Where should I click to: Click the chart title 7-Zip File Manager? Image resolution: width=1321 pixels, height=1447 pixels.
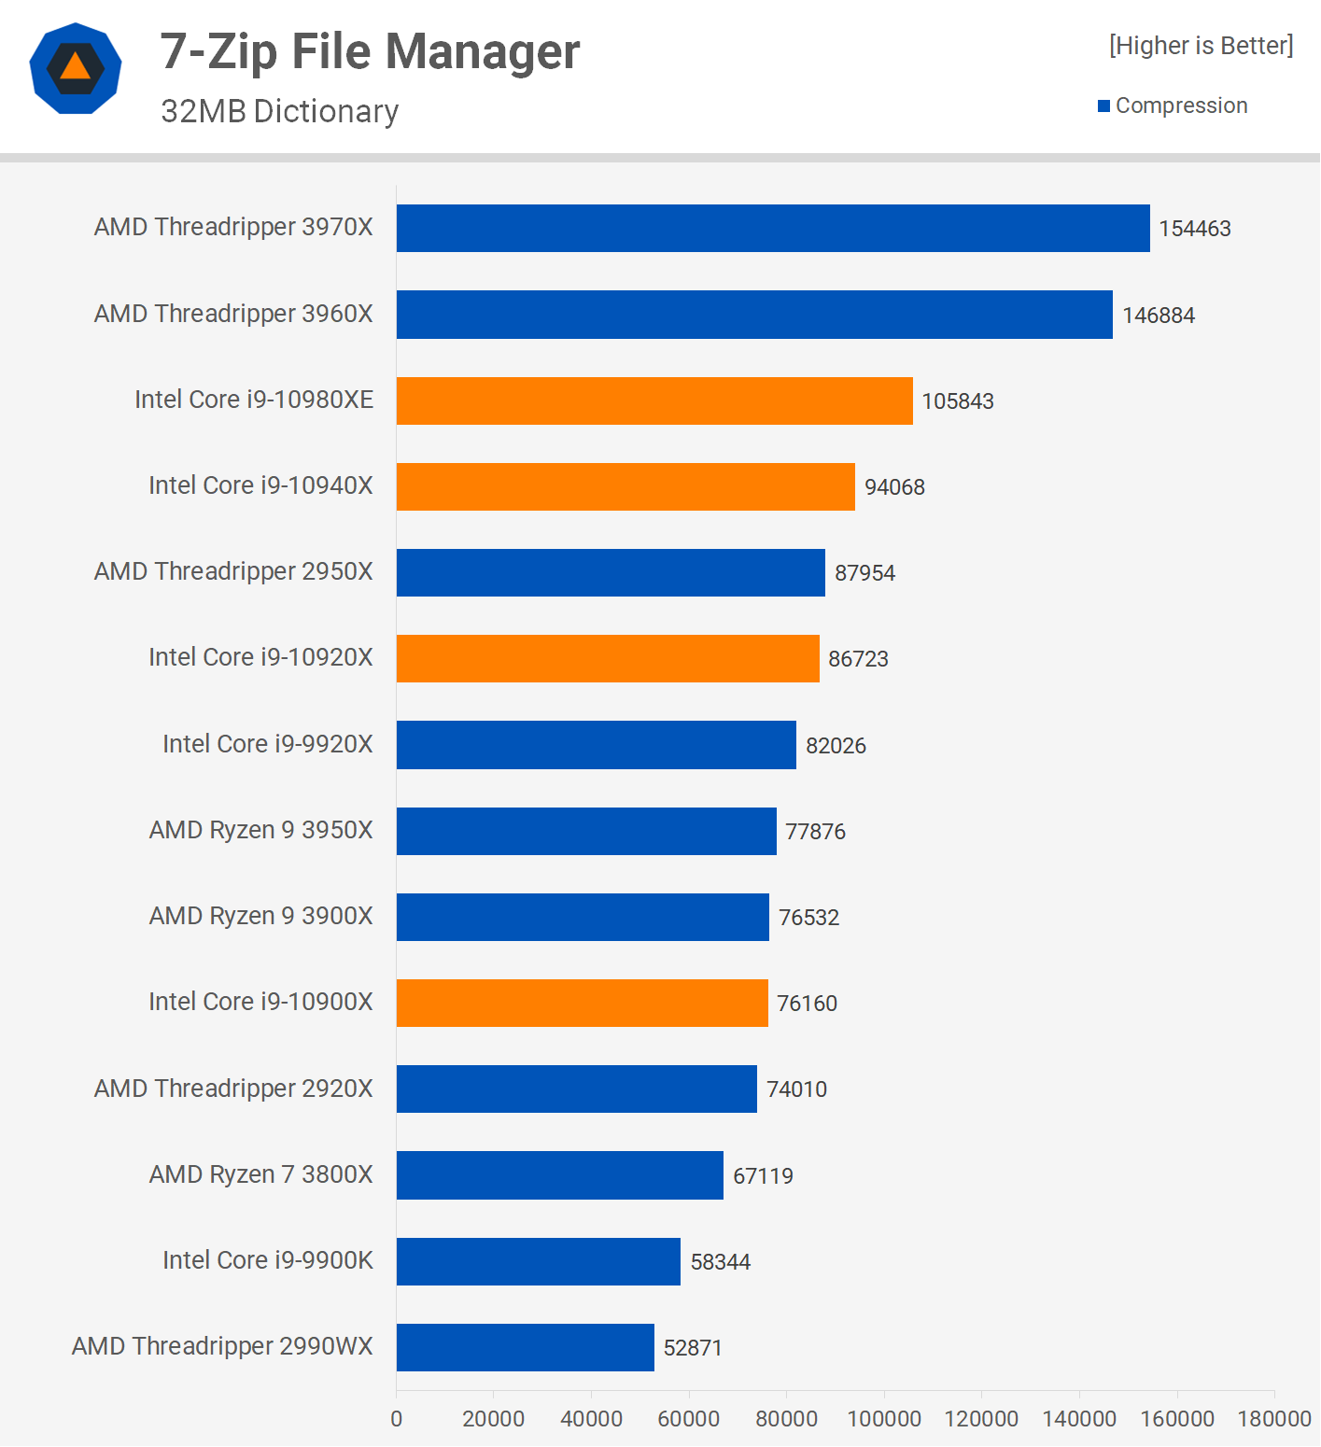pyautogui.click(x=370, y=51)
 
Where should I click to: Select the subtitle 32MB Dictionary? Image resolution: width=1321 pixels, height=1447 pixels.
pyautogui.click(x=279, y=111)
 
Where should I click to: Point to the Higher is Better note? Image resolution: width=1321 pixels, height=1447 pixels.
pyautogui.click(x=1201, y=46)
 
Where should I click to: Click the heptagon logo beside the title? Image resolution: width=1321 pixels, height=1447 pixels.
pyautogui.click(x=76, y=68)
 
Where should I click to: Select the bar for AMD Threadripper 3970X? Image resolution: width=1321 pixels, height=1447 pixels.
pyautogui.click(x=773, y=229)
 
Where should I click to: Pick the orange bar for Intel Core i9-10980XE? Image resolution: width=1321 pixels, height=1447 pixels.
pyautogui.click(x=654, y=401)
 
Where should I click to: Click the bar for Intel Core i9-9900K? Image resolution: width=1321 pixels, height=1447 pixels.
pyautogui.click(x=539, y=1261)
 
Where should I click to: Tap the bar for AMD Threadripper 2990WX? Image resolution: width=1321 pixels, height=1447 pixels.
pyautogui.click(x=526, y=1347)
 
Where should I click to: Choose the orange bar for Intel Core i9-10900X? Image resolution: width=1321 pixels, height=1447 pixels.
pyautogui.click(x=583, y=1004)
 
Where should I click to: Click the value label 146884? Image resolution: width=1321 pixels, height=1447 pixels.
pyautogui.click(x=1158, y=316)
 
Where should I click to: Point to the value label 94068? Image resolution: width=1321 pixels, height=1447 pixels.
pyautogui.click(x=894, y=487)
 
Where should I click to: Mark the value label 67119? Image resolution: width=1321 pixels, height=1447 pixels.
pyautogui.click(x=763, y=1176)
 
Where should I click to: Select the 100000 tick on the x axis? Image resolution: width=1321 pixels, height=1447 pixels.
pyautogui.click(x=884, y=1419)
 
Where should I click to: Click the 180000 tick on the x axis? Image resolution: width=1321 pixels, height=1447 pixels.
pyautogui.click(x=1274, y=1419)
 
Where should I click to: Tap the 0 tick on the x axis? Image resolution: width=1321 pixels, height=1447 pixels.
pyautogui.click(x=397, y=1419)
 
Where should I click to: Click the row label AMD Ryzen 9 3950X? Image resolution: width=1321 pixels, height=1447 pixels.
pyautogui.click(x=260, y=830)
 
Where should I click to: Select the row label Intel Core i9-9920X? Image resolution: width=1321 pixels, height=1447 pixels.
pyautogui.click(x=267, y=744)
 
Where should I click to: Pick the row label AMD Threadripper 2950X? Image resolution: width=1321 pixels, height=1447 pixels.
pyautogui.click(x=233, y=571)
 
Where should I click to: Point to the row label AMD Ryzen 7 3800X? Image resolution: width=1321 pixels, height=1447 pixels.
pyautogui.click(x=260, y=1174)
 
